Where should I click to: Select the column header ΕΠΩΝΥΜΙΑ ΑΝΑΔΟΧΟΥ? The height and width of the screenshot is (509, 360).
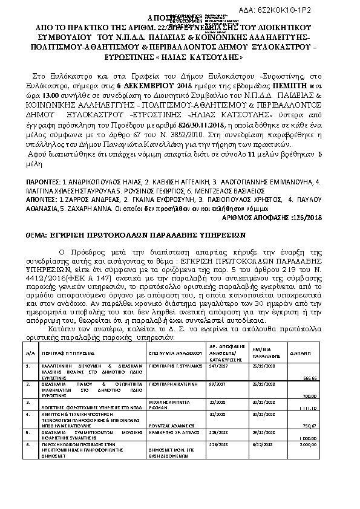172,352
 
